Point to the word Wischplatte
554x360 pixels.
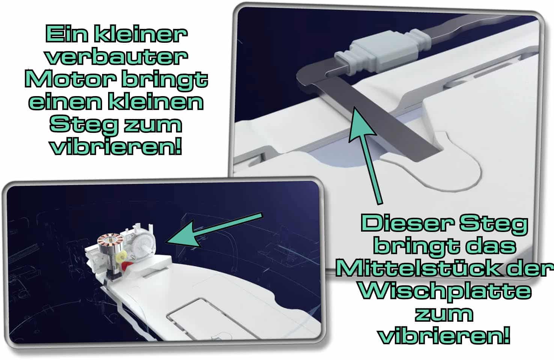click(x=445, y=291)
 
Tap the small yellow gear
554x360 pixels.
click(x=122, y=259)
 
